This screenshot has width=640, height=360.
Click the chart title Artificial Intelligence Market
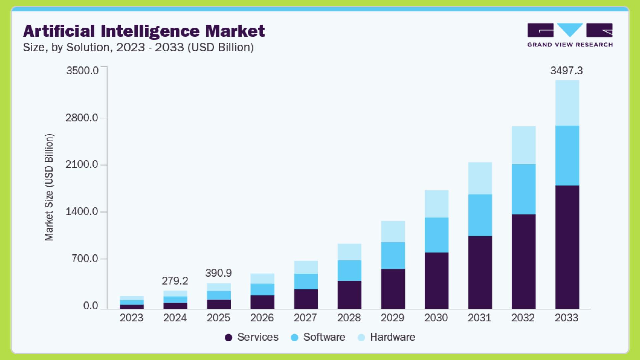tap(144, 31)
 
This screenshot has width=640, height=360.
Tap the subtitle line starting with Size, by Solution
tap(138, 47)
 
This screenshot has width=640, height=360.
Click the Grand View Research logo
tap(570, 35)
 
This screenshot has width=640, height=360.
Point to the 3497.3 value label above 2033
tap(566, 71)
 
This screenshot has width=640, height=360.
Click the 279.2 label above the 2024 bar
tap(175, 281)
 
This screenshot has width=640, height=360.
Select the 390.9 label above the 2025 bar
tap(218, 273)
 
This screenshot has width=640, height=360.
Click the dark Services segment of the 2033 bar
tap(567, 247)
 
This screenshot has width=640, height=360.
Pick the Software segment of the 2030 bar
tap(436, 235)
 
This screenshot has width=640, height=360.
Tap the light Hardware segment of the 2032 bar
tap(523, 145)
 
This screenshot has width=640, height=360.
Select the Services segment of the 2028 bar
tap(349, 295)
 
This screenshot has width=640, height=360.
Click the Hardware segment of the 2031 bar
tap(480, 178)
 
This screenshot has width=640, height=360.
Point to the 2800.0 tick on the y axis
tap(82, 118)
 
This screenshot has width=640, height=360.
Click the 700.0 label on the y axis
tap(85, 259)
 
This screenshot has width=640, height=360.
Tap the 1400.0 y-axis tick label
tap(82, 211)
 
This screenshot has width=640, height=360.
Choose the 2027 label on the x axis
tap(305, 318)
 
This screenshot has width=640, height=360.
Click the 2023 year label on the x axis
tap(131, 318)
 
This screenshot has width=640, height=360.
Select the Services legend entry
tap(252, 337)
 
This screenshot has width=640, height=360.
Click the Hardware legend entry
tap(387, 337)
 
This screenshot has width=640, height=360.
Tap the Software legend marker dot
tap(294, 338)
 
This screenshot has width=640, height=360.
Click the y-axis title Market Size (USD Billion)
tap(49, 187)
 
